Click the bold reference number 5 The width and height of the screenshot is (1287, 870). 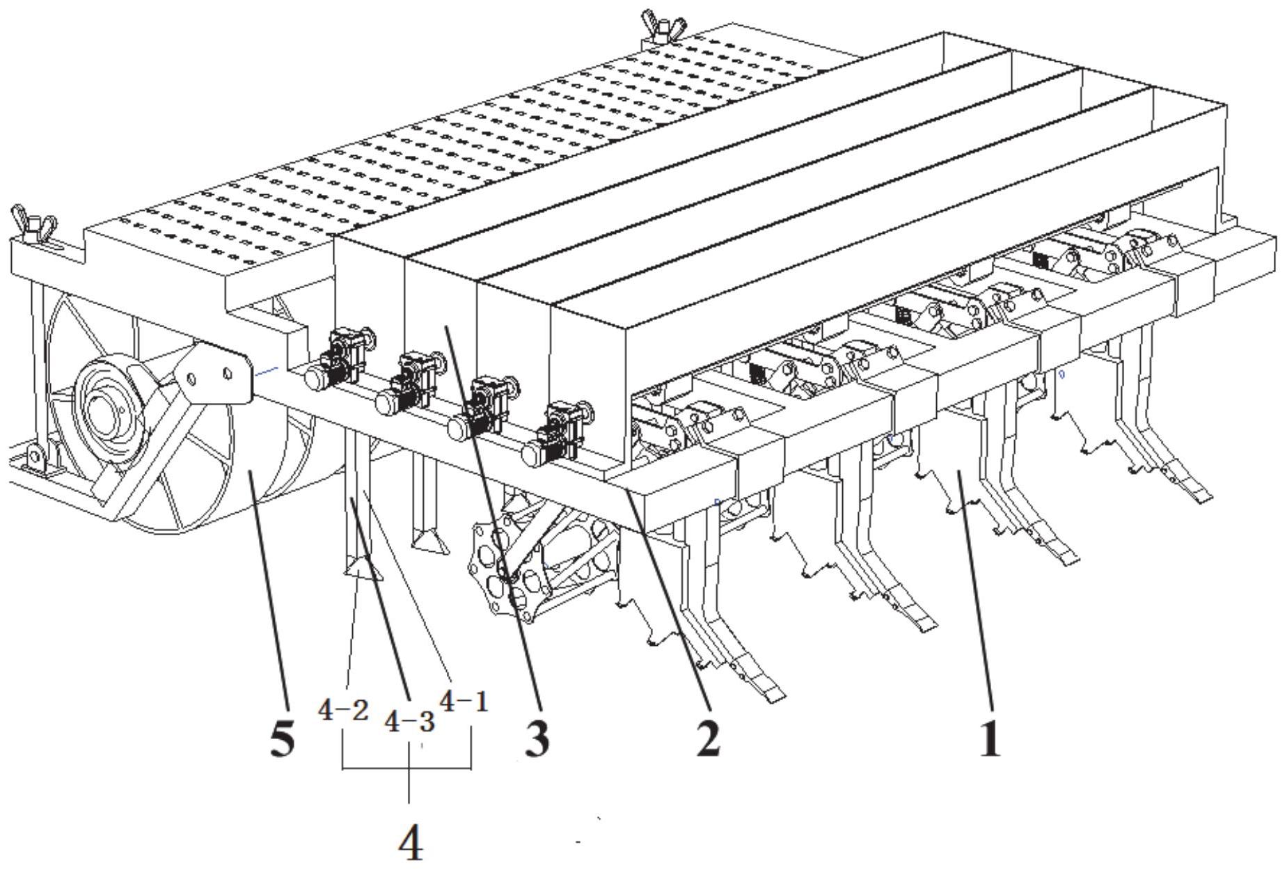[x=282, y=740]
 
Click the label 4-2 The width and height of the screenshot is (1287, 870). [x=343, y=710]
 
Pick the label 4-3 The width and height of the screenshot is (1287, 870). [x=410, y=722]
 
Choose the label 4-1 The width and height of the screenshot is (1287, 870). [x=463, y=702]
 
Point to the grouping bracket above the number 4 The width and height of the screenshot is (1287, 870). [x=407, y=768]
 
